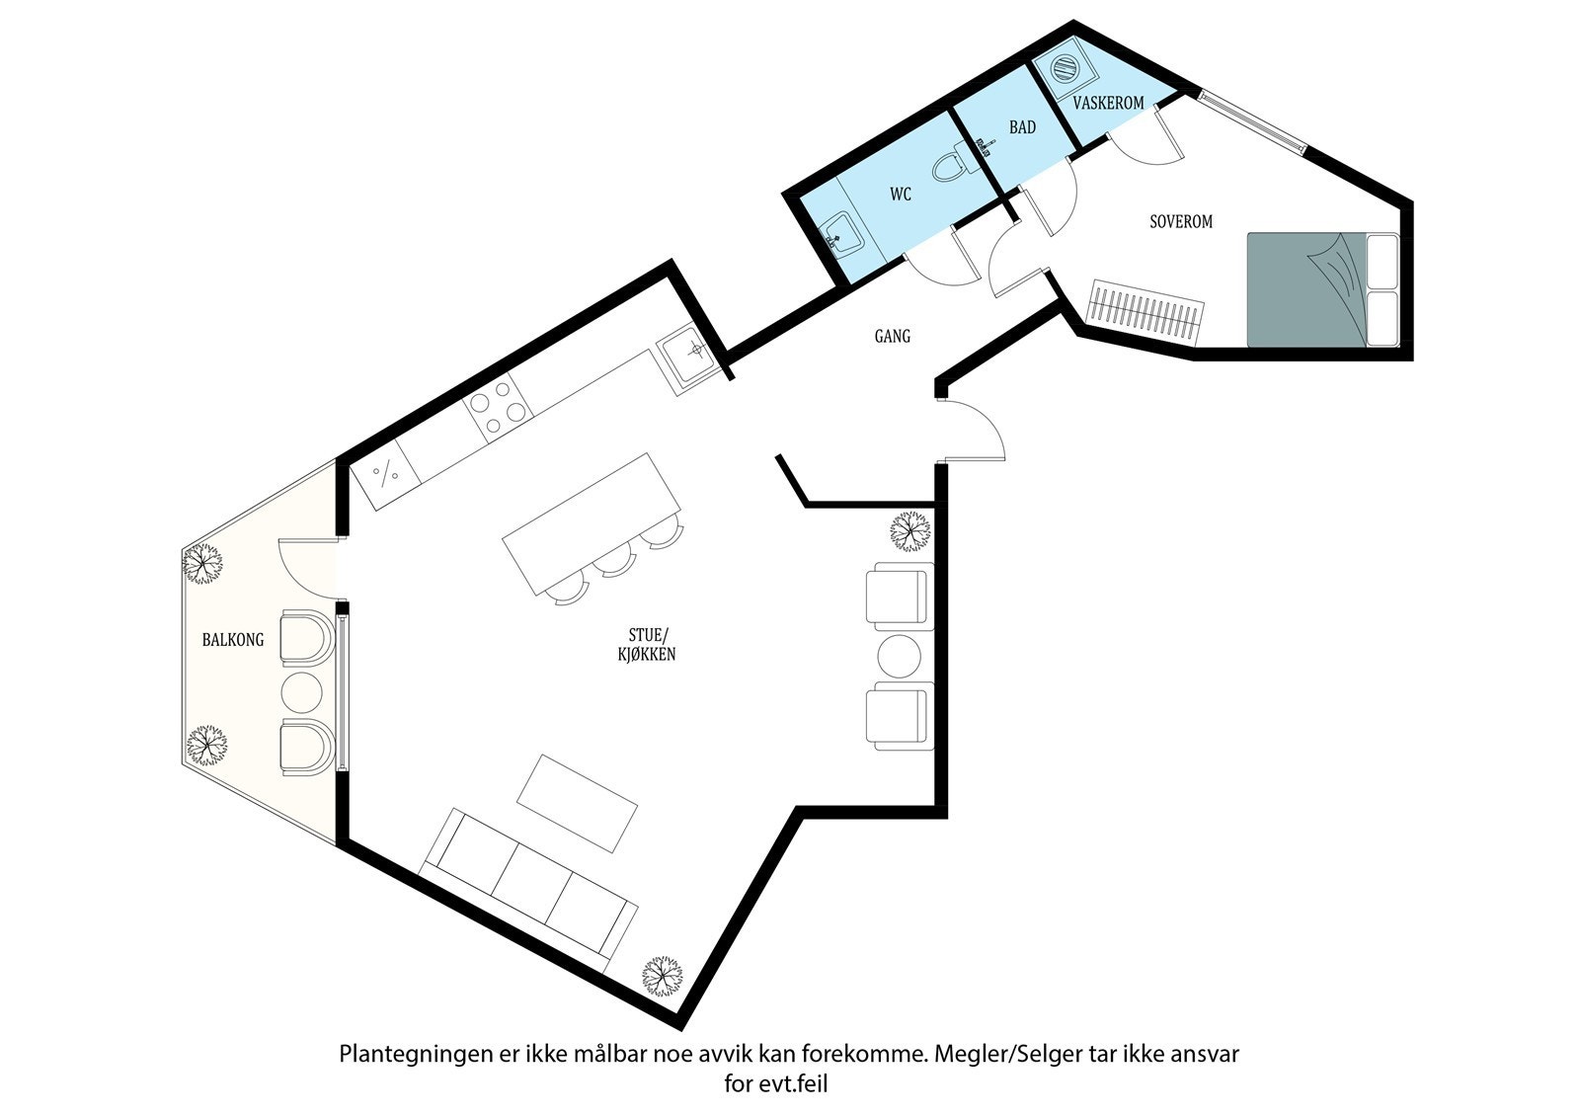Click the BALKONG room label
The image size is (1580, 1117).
tap(233, 640)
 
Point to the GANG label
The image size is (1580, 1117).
tap(892, 337)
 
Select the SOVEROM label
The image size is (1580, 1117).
tap(1180, 222)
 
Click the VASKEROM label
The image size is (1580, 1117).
tap(1108, 103)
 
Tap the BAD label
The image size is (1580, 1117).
tap(1022, 128)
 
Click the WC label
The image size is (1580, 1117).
tap(900, 196)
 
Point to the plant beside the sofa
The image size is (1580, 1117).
tap(663, 976)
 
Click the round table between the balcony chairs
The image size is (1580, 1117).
tap(302, 693)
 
